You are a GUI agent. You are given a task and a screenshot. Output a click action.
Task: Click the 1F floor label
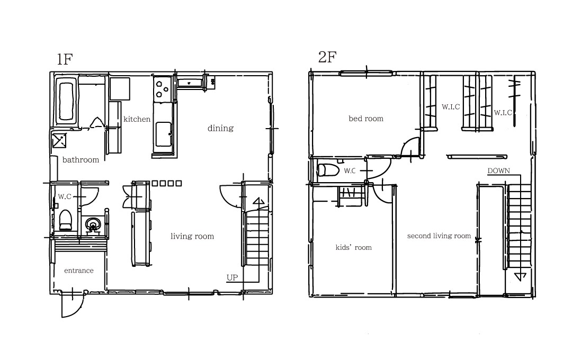pos(65,59)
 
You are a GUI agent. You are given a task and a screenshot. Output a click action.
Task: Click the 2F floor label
pos(327,57)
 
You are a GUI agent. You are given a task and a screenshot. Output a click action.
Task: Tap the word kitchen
pos(137,119)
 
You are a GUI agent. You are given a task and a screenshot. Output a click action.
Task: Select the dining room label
pos(220,128)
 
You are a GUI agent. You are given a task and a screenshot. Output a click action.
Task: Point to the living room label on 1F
pos(192,236)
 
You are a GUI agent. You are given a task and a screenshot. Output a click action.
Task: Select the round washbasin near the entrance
pos(93,224)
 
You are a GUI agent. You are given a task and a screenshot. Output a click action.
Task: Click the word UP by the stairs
pos(232,277)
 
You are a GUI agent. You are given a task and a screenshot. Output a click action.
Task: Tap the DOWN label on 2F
pos(499,170)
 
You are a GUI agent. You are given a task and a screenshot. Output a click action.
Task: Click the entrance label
pos(79,271)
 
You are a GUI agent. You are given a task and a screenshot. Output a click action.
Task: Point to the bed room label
pos(366,119)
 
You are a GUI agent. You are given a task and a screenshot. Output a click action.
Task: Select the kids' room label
pos(353,248)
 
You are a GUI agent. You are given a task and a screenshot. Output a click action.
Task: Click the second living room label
pos(439,236)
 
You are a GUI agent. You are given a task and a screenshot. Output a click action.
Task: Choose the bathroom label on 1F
pos(81,160)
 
